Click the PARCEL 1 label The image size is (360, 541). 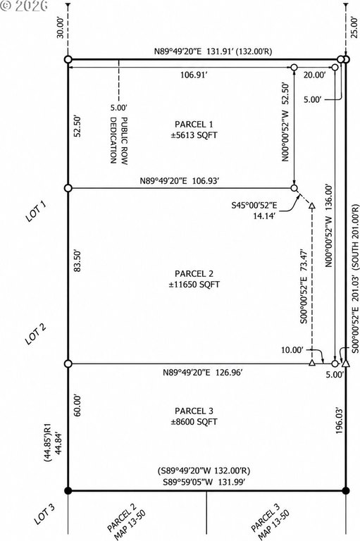pos(194,124)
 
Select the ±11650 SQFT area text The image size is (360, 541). pos(194,285)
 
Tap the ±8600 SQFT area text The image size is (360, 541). pos(194,422)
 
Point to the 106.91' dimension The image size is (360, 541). pos(194,75)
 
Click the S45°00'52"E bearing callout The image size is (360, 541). pos(254,206)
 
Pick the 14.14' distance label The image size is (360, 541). pos(264,216)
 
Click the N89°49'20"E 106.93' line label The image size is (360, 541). pos(180,181)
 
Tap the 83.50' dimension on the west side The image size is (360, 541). pos(77,261)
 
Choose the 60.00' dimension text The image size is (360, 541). pos(77,406)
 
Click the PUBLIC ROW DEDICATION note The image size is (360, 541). pos(118,140)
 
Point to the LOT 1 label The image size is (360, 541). pos(35,211)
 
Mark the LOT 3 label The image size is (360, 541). pos(44,514)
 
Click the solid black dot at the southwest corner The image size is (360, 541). pos(68,490)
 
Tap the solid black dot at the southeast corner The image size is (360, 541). pos(346,490)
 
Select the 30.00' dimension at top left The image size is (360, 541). pos(61,28)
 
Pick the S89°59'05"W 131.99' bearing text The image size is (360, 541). pos(204,482)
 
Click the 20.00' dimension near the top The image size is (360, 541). pos(314,75)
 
